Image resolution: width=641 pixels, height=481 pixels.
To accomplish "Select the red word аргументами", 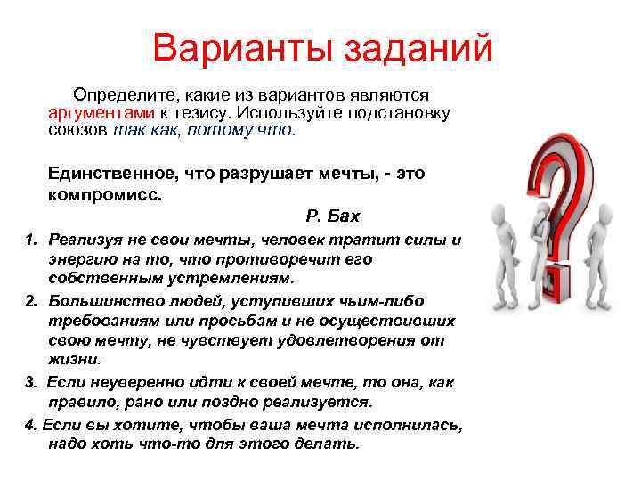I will pos(102,113).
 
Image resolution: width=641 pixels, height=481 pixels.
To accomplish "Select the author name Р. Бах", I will pos(332,216).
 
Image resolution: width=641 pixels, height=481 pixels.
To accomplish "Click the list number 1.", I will pos(29,240).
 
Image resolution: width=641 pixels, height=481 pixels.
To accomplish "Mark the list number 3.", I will pos(29,381).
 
